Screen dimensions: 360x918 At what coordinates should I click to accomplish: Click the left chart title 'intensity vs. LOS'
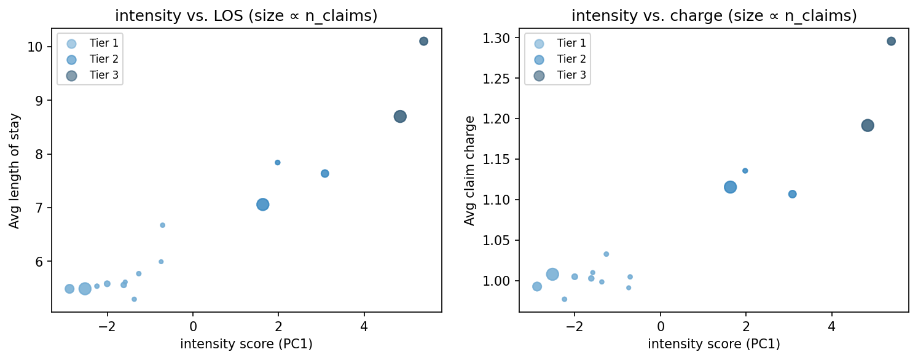pos(246,16)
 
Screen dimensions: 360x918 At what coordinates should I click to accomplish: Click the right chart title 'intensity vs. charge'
pos(713,16)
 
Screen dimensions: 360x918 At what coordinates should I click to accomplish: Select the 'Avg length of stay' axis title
pos(15,171)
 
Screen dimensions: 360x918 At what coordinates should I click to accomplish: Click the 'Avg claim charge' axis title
pos(470,171)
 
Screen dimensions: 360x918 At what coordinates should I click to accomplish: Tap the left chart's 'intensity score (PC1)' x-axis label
pos(246,344)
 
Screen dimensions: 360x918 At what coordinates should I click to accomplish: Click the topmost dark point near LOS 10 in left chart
pos(423,41)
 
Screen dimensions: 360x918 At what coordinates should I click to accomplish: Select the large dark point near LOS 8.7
pos(400,116)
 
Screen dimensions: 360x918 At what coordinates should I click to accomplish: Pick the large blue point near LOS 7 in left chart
pos(263,205)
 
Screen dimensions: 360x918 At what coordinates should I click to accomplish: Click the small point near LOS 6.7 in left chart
pos(162,225)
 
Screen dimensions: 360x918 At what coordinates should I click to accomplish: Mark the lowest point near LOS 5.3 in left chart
pos(134,299)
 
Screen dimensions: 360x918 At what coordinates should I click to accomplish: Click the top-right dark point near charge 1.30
pos(891,41)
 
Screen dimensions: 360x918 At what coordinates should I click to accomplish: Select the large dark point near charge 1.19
pos(868,125)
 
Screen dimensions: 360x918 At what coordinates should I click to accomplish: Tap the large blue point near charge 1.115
pos(730,187)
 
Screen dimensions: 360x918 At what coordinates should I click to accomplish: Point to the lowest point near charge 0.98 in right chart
pos(564,299)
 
